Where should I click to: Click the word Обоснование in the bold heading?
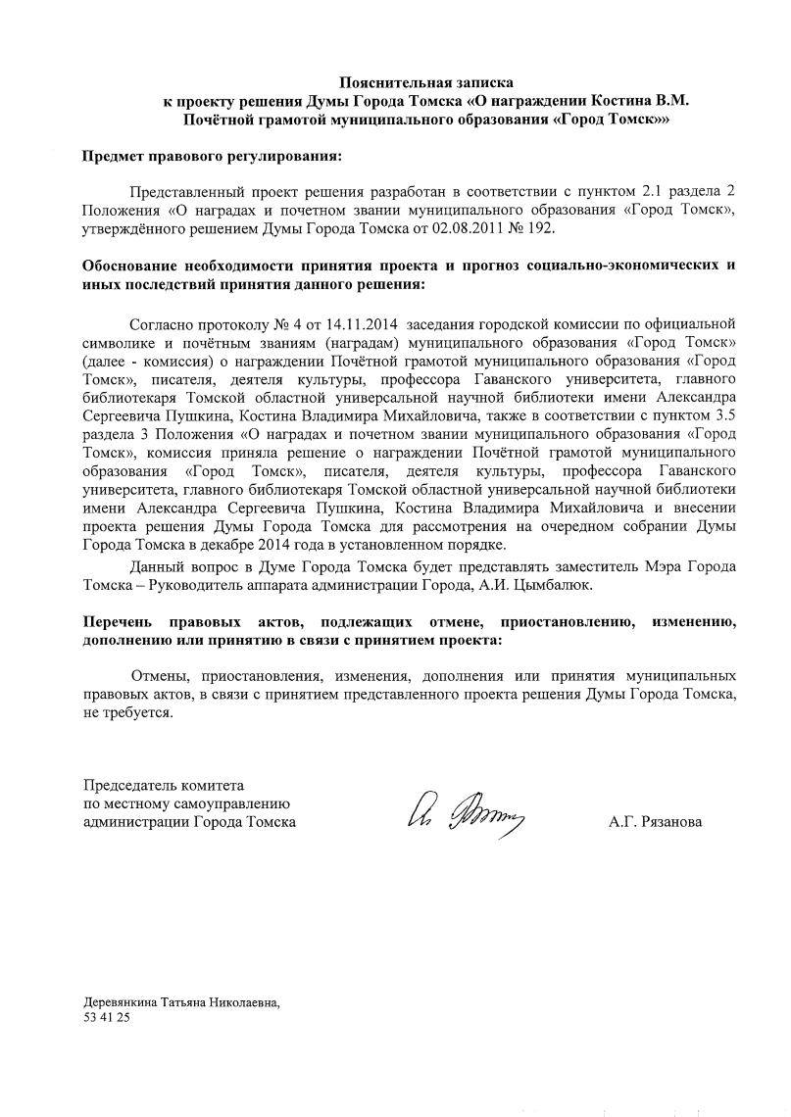click(132, 267)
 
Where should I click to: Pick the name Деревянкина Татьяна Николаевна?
click(181, 1003)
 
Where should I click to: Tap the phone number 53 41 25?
click(107, 1018)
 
